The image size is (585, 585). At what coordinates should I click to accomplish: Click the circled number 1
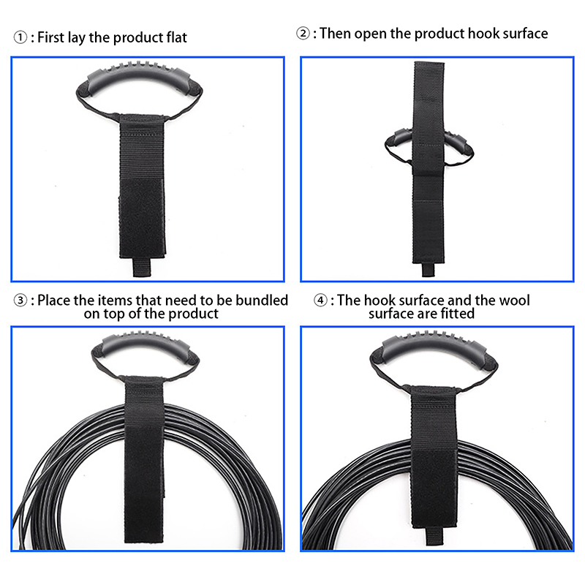[20, 37]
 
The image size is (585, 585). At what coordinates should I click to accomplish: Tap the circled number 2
[303, 33]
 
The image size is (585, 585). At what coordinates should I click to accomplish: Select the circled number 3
[20, 301]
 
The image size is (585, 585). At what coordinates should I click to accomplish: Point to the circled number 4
[320, 301]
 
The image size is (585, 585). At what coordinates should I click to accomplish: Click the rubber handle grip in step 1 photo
[139, 75]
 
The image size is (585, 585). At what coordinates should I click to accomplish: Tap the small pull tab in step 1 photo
[142, 267]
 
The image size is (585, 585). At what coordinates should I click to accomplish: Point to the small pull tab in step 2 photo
[428, 269]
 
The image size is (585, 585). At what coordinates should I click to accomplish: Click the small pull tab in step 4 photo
[434, 537]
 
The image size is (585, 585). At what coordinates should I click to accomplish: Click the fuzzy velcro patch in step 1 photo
[142, 218]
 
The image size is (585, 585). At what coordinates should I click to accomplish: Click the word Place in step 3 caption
[53, 301]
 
